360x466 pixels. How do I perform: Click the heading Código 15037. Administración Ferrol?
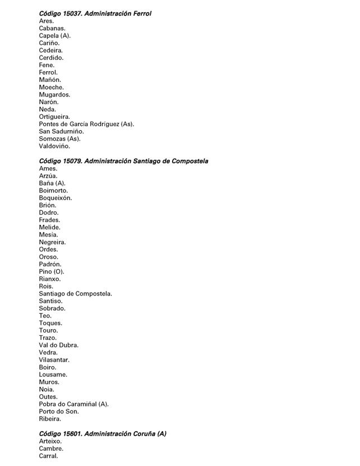(95, 13)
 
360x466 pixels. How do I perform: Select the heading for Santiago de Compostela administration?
(123, 161)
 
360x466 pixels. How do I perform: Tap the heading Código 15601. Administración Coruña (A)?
(103, 433)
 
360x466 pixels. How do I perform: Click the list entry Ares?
(47, 21)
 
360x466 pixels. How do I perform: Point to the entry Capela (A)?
(55, 35)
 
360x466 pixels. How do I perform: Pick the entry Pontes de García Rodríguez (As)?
(86, 124)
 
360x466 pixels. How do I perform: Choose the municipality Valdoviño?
(54, 146)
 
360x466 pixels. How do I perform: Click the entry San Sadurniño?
(61, 131)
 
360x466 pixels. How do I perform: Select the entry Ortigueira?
(54, 117)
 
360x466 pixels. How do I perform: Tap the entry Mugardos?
(54, 95)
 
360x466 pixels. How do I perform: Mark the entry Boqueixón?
(56, 198)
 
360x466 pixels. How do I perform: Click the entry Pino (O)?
(52, 271)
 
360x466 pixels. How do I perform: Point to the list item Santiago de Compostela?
(76, 294)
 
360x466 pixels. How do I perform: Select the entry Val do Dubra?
(59, 345)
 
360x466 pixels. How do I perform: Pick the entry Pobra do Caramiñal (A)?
(74, 404)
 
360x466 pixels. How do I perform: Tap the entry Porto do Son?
(59, 412)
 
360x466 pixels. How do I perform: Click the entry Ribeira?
(50, 419)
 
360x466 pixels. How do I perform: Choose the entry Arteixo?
(50, 441)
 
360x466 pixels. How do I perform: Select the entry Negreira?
(52, 242)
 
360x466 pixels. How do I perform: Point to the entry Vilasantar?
(54, 360)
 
